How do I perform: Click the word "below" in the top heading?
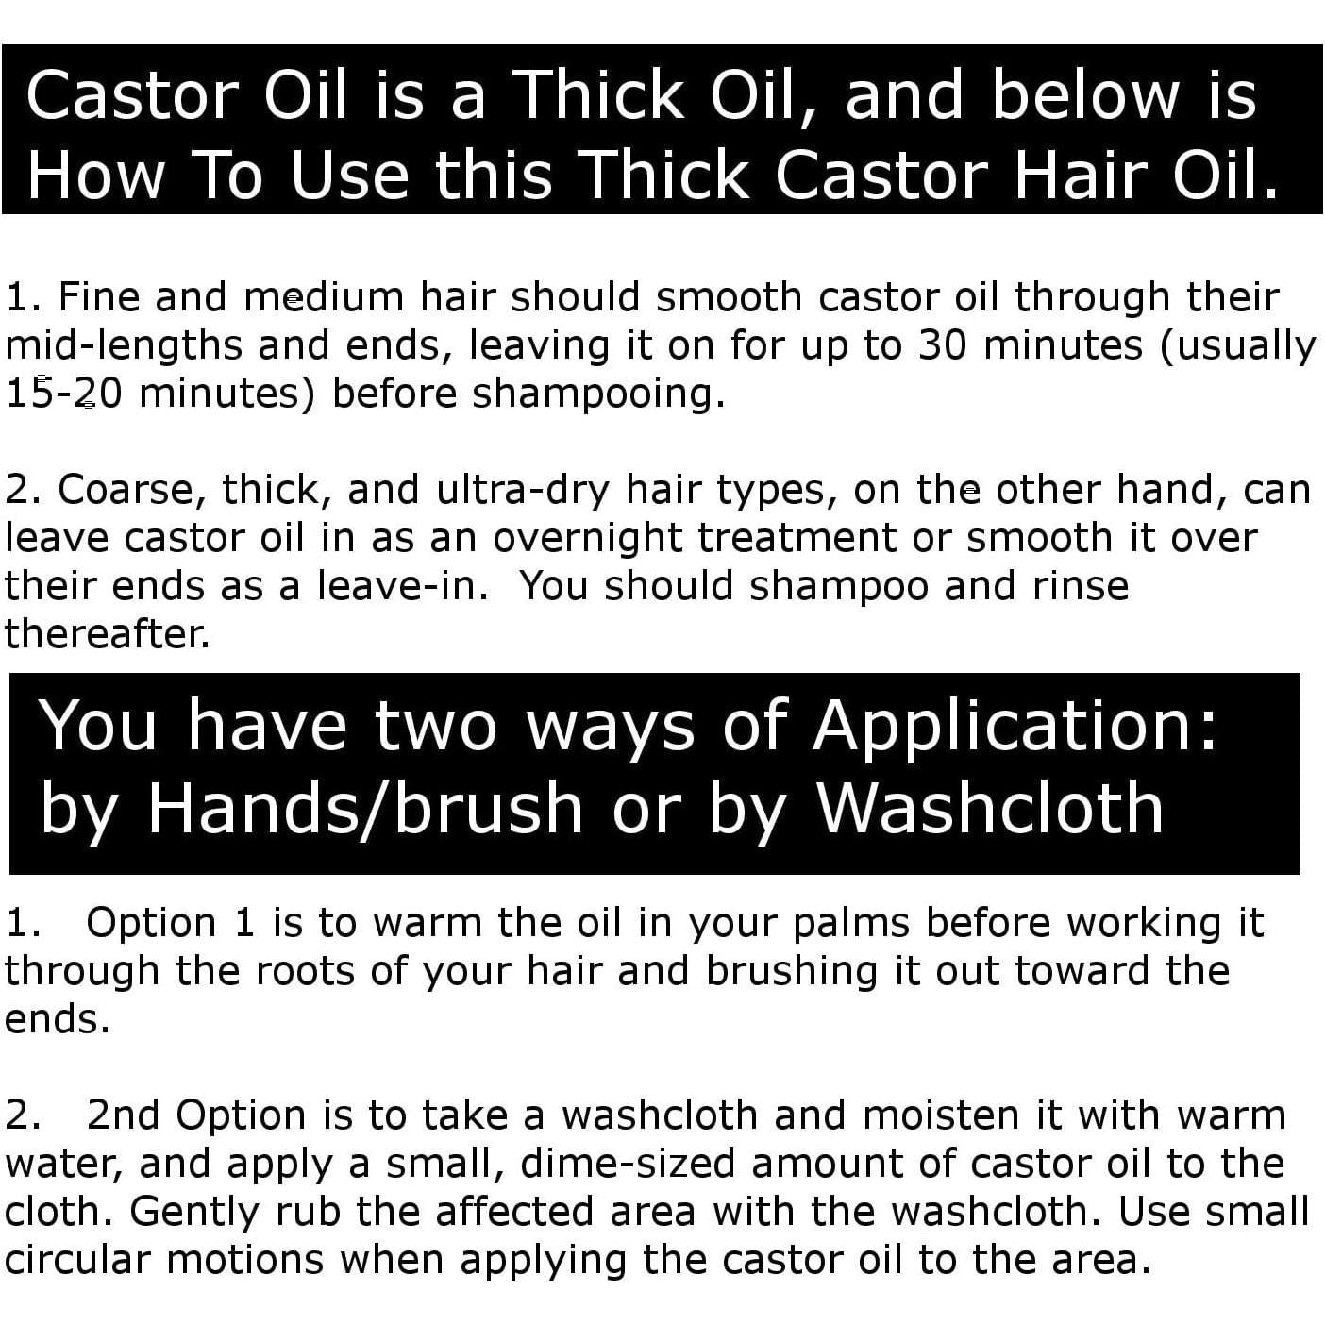point(1084,95)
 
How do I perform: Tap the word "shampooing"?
point(597,393)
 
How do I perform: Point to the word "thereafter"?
point(106,633)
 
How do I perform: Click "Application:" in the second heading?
point(1015,726)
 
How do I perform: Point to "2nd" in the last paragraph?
point(123,1115)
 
